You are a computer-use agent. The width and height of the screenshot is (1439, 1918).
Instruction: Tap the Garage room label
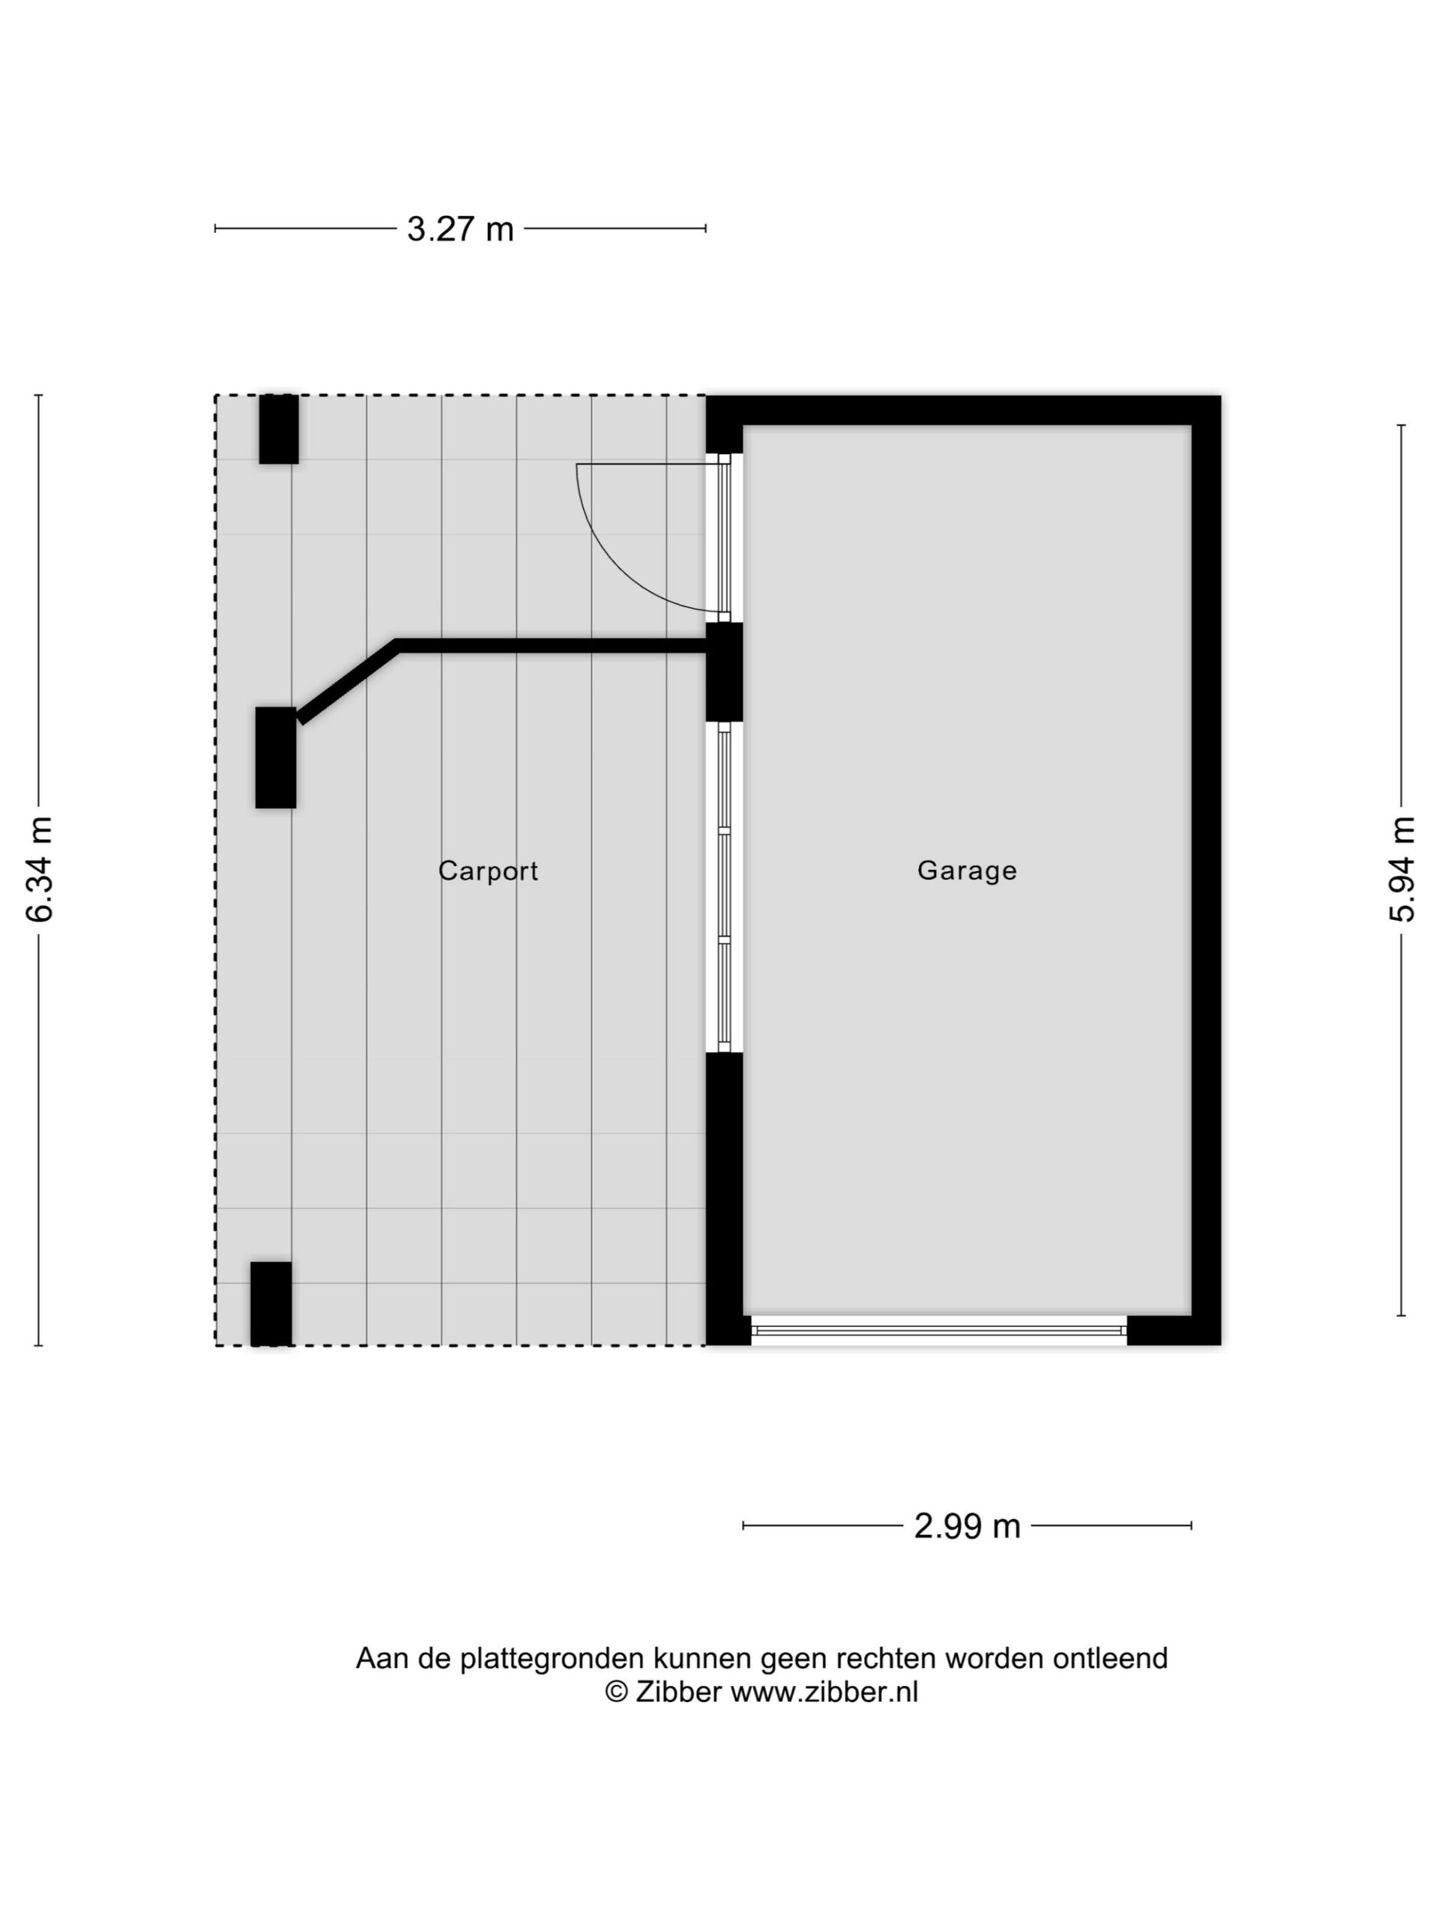coord(967,870)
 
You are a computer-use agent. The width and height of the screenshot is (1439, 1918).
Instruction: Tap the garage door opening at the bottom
coord(938,1330)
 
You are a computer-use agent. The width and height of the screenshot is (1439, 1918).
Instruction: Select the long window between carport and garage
coord(724,887)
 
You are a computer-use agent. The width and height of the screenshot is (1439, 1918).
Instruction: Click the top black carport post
coord(279,429)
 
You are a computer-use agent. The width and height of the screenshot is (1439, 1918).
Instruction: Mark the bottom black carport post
coord(271,1303)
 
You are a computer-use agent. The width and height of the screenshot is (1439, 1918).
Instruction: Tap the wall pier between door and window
coord(724,672)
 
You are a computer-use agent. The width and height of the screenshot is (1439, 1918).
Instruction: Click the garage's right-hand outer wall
coord(1206,871)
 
